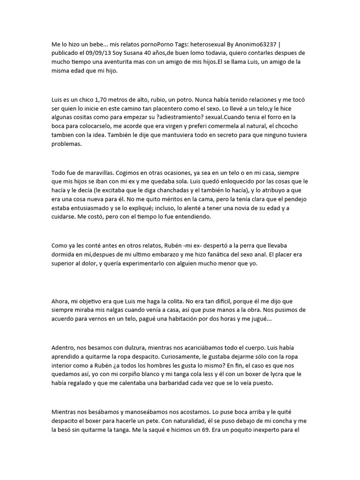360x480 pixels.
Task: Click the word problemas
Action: click(67, 144)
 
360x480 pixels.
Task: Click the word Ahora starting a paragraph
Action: click(61, 301)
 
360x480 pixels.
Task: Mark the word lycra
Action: click(283, 374)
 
